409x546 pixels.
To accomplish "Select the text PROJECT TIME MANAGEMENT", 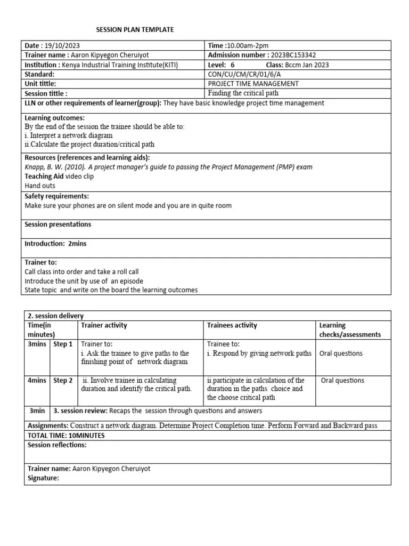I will pos(253,84).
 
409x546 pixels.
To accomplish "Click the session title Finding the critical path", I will pos(243,93).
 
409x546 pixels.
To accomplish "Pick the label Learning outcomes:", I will pos(55,117).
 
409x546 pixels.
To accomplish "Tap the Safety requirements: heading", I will pos(57,196).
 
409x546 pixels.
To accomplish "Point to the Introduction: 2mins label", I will pos(55,243).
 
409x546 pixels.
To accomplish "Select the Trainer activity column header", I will pos(104,325).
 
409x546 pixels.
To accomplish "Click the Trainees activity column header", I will pos(232,325).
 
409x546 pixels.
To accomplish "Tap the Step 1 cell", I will pos(63,344).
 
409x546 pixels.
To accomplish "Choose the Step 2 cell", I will pos(63,381).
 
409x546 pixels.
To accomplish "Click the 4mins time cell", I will pos(37,381).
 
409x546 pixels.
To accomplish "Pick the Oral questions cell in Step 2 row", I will pos(343,381).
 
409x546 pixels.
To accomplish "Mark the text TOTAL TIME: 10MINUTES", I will pos(66,435).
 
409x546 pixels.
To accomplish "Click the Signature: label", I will pos(43,478).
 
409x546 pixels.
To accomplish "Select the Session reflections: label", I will pos(57,445).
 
